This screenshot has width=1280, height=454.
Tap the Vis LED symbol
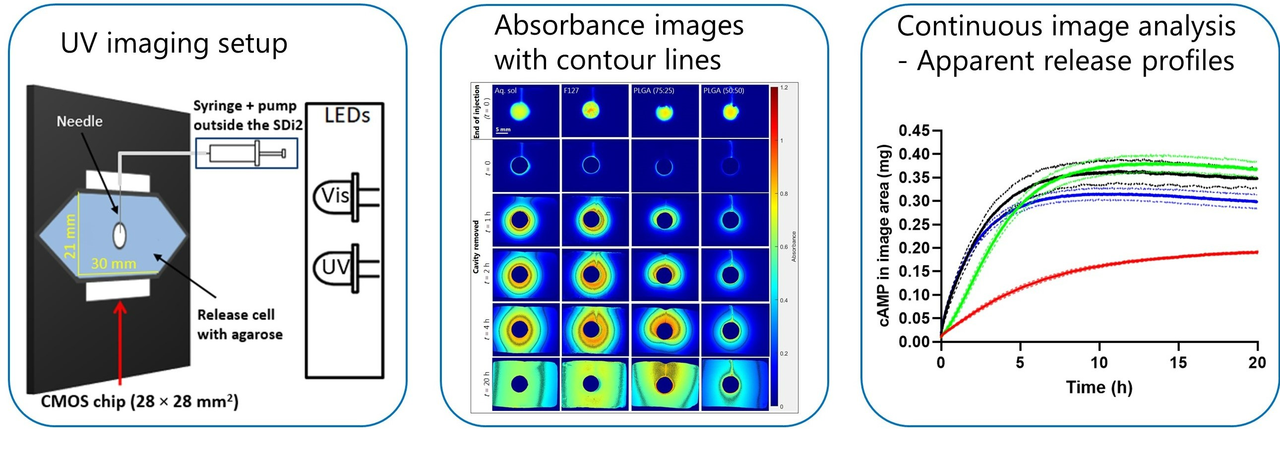tap(343, 196)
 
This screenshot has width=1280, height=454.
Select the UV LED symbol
tap(343, 267)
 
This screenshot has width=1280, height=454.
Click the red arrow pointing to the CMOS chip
tap(120, 343)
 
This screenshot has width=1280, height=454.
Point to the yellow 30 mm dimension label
tap(113, 263)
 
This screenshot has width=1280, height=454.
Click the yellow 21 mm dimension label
tap(70, 236)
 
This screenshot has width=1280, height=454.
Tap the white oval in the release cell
tap(119, 235)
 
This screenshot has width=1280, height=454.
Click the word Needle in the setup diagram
tap(79, 122)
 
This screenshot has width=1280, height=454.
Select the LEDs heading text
tap(347, 116)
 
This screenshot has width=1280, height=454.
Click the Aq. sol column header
tap(505, 90)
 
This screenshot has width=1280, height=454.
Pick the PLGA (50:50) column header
tap(724, 90)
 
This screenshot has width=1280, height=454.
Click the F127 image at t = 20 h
tap(594, 385)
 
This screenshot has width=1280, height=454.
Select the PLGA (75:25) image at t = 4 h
tap(665, 329)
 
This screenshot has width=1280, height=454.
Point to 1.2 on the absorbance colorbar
tap(784, 87)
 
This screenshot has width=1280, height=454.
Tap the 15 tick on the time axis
tap(1178, 363)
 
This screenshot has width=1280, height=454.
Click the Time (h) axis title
tap(1099, 387)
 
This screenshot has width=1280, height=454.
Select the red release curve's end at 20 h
tap(1256, 252)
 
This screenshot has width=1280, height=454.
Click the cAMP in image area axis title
tap(884, 236)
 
